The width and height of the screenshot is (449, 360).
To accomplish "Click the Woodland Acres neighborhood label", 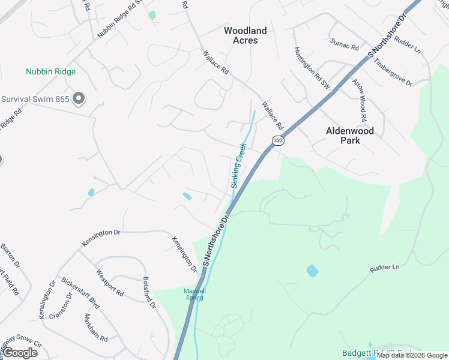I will [x=245, y=35].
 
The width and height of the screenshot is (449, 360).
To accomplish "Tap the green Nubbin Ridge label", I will [x=50, y=72].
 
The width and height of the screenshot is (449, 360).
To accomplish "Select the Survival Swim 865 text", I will [x=35, y=99].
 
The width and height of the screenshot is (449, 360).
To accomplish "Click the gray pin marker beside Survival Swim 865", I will [x=78, y=98].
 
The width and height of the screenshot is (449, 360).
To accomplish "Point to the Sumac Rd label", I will [x=344, y=44].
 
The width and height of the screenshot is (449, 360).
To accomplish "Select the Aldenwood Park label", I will [x=350, y=135].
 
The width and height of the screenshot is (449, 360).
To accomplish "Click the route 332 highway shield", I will [x=277, y=140].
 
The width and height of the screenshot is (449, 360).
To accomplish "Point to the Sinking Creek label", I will [x=238, y=165].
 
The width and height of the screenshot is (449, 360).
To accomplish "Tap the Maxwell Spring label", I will [x=194, y=294].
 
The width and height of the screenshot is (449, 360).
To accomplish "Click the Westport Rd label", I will [x=109, y=283].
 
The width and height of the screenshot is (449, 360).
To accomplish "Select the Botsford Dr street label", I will [x=149, y=293].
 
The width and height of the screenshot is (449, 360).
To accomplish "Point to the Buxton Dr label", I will [x=11, y=256].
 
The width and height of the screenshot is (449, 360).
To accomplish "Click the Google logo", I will [x=20, y=353].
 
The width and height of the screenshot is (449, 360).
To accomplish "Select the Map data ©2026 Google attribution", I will [x=412, y=355].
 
